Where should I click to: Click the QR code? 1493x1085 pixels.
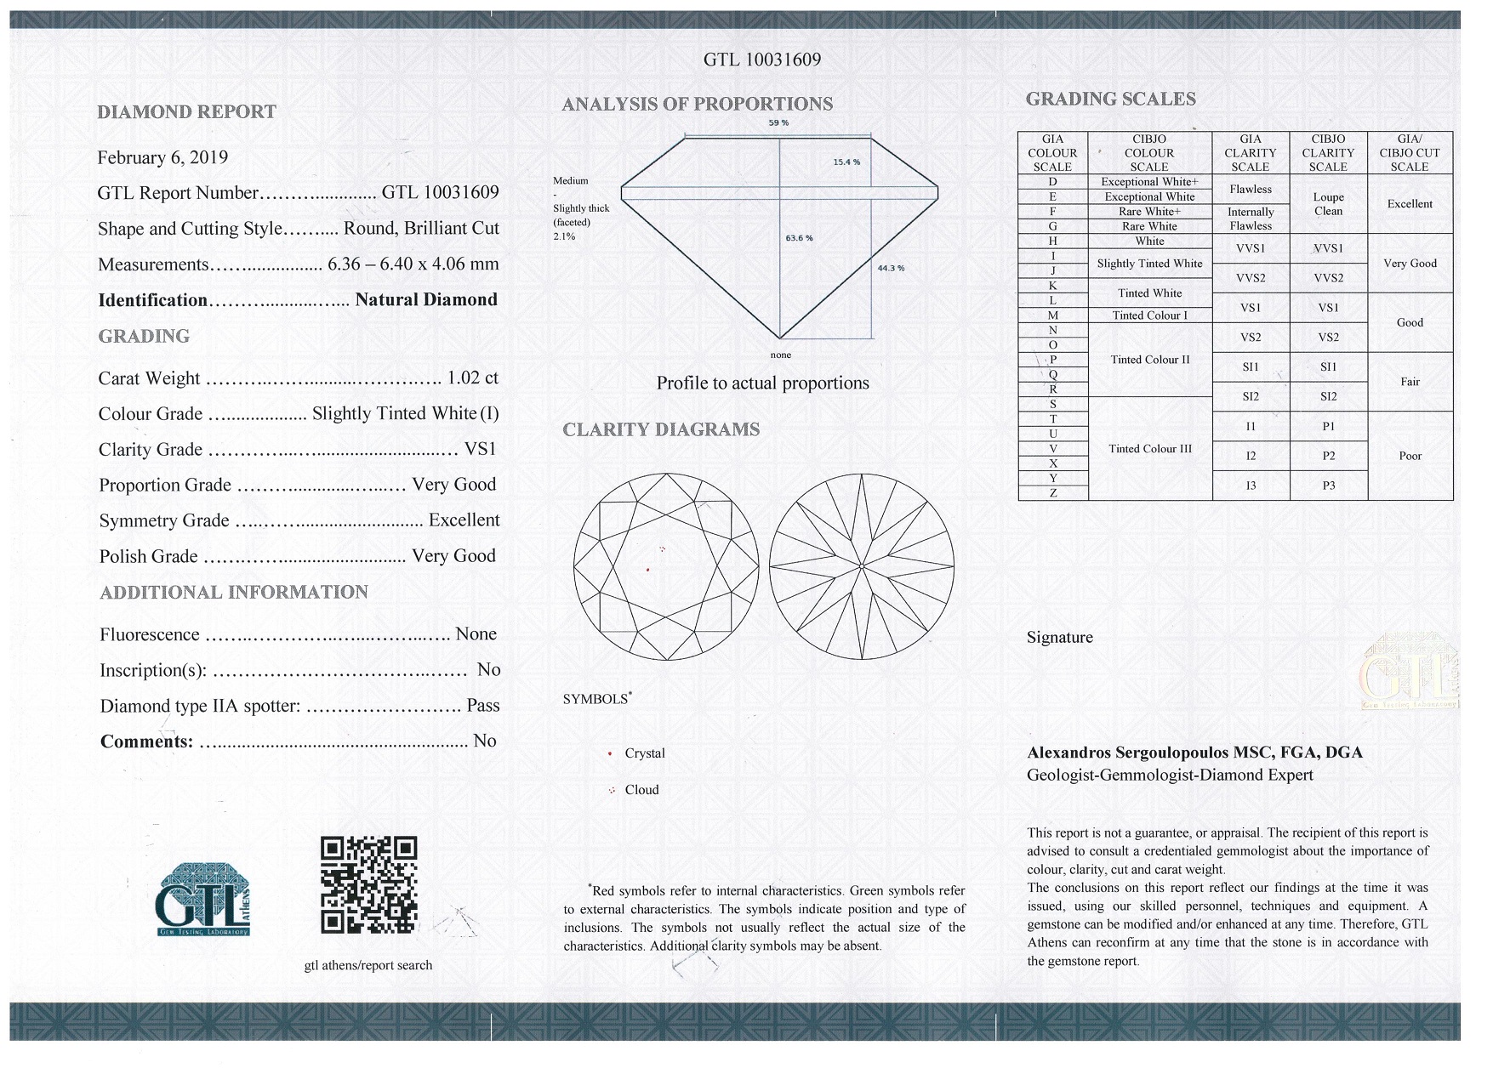pyautogui.click(x=368, y=884)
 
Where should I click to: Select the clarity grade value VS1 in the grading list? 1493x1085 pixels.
pyautogui.click(x=481, y=449)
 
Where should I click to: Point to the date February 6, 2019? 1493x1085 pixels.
pyautogui.click(x=162, y=157)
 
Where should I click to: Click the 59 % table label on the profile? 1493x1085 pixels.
pyautogui.click(x=778, y=123)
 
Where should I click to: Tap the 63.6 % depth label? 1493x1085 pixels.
pyautogui.click(x=799, y=238)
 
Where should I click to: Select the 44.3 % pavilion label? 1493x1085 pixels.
pyautogui.click(x=891, y=269)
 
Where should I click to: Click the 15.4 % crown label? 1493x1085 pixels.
pyautogui.click(x=846, y=162)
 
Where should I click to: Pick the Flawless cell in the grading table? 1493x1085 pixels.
pyautogui.click(x=1251, y=190)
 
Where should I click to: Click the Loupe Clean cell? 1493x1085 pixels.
pyautogui.click(x=1328, y=204)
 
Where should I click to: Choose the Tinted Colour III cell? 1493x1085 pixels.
pyautogui.click(x=1149, y=449)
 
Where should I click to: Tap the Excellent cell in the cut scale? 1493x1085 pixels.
pyautogui.click(x=1410, y=204)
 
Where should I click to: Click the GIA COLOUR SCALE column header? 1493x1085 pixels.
pyautogui.click(x=1052, y=153)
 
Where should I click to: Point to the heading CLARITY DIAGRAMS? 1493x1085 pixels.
pyautogui.click(x=661, y=429)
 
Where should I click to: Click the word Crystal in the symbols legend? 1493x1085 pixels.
pyautogui.click(x=645, y=753)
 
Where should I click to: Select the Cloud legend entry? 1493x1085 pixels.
pyautogui.click(x=641, y=790)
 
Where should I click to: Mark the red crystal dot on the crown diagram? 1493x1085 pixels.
pyautogui.click(x=648, y=569)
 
